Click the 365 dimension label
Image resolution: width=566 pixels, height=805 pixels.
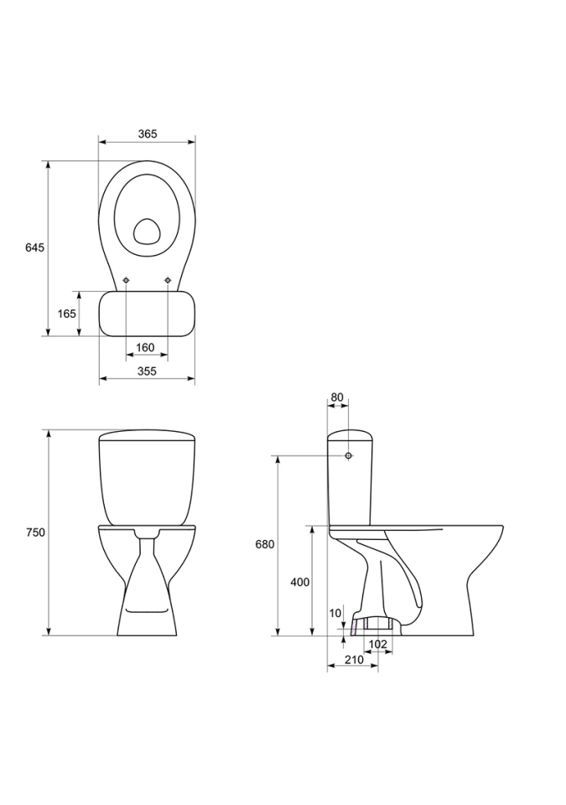(x=147, y=134)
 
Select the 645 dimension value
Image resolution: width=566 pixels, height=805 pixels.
(x=35, y=247)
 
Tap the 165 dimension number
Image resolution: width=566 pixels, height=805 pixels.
(x=67, y=313)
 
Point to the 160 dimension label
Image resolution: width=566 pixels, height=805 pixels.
(x=145, y=347)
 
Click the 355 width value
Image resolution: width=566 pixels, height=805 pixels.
(x=147, y=371)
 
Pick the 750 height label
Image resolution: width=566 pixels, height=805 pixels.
(x=35, y=532)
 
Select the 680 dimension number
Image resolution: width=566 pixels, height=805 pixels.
(x=265, y=544)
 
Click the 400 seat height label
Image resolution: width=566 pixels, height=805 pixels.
(x=300, y=582)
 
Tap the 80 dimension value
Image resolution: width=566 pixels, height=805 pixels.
(x=337, y=397)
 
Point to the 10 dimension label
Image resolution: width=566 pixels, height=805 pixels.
(x=335, y=613)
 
